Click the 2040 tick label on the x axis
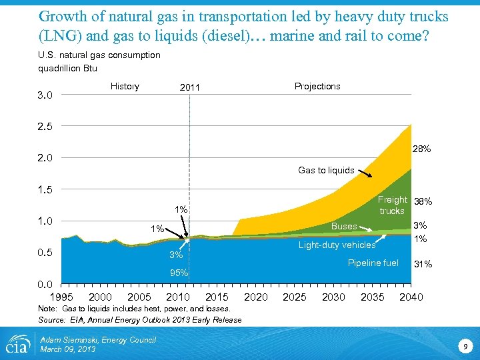pyautogui.click(x=411, y=297)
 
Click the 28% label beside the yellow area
pyautogui.click(x=421, y=149)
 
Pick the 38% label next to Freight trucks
pyautogui.click(x=423, y=201)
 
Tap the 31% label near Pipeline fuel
pyautogui.click(x=423, y=265)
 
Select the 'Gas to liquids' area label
pyautogui.click(x=326, y=170)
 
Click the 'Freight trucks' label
pyautogui.click(x=392, y=205)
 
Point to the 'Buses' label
pyautogui.click(x=344, y=226)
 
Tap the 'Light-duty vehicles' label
pyautogui.click(x=337, y=245)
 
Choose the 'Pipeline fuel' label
pyautogui.click(x=373, y=263)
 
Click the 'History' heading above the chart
pyautogui.click(x=125, y=86)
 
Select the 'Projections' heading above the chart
pyautogui.click(x=317, y=86)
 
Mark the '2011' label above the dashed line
pyautogui.click(x=191, y=87)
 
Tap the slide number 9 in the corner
pyautogui.click(x=464, y=345)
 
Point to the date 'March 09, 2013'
pyautogui.click(x=67, y=349)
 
